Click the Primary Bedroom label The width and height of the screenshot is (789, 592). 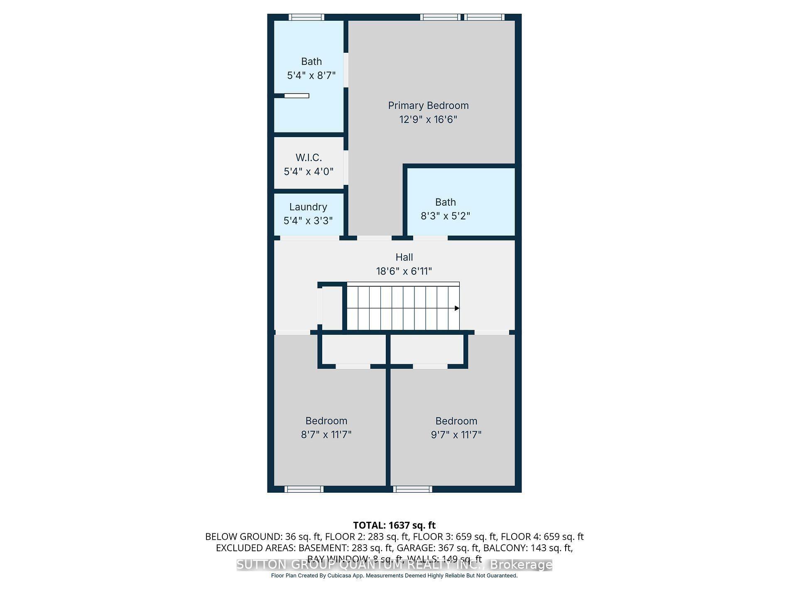tap(428, 106)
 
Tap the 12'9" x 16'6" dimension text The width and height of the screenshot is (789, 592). tap(428, 120)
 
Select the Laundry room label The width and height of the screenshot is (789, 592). tap(308, 207)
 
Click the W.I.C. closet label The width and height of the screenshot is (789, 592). tap(309, 158)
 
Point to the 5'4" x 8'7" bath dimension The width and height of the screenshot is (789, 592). tap(311, 76)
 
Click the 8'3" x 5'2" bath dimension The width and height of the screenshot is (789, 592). tap(445, 216)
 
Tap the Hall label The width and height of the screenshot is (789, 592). tap(404, 257)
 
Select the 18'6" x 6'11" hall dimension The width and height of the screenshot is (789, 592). tap(404, 271)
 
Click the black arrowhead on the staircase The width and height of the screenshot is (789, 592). tap(457, 308)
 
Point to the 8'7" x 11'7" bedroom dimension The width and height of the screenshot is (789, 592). tap(326, 435)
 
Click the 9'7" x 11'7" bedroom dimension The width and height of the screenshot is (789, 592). tap(456, 435)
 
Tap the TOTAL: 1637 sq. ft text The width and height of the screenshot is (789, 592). tap(394, 525)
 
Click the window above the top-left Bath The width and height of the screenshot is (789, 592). tap(306, 17)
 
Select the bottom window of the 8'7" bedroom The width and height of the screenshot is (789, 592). tap(304, 489)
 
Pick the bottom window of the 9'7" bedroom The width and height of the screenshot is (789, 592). tap(412, 489)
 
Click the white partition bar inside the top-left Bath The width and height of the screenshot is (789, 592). tap(296, 96)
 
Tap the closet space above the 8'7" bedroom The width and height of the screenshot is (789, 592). tap(353, 350)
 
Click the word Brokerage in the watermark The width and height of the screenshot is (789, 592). tap(521, 565)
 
